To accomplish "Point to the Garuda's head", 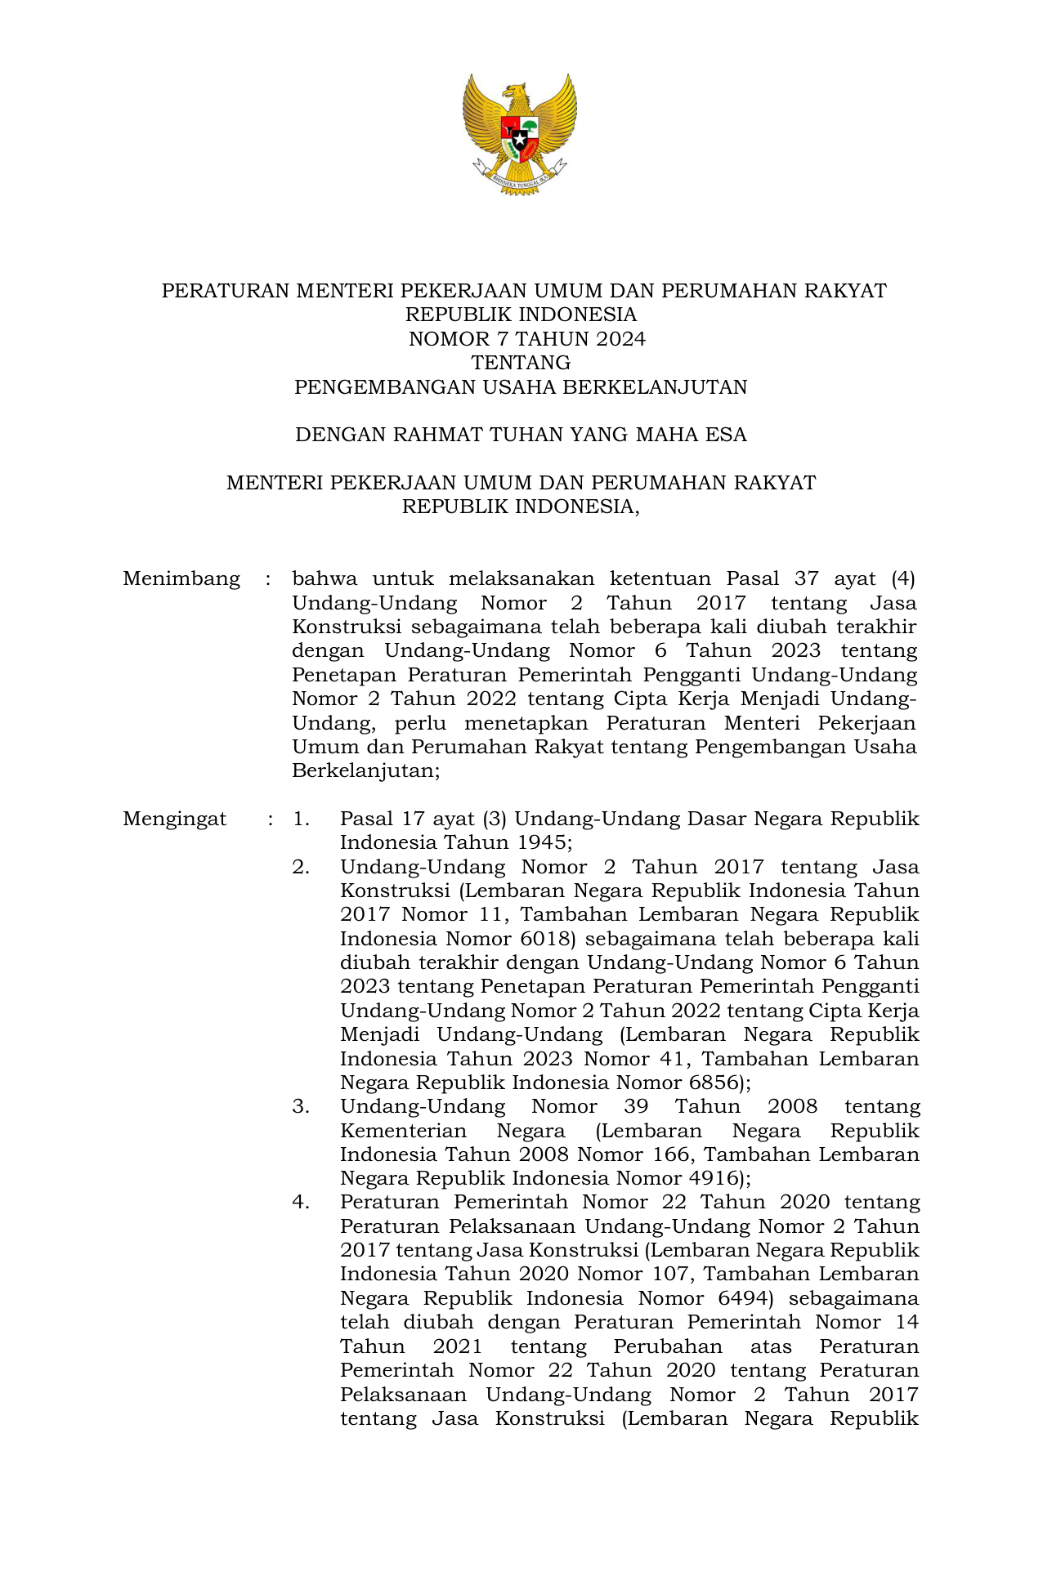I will [515, 94].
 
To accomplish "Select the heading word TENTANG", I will [521, 363].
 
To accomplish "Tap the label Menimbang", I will [181, 579].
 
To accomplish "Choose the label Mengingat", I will [174, 819].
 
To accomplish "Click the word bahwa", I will [325, 579].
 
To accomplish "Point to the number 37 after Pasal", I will [806, 579].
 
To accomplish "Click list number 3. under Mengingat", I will [301, 1107].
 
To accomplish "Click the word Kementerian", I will [403, 1132].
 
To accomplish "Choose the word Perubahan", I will [668, 1347].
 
